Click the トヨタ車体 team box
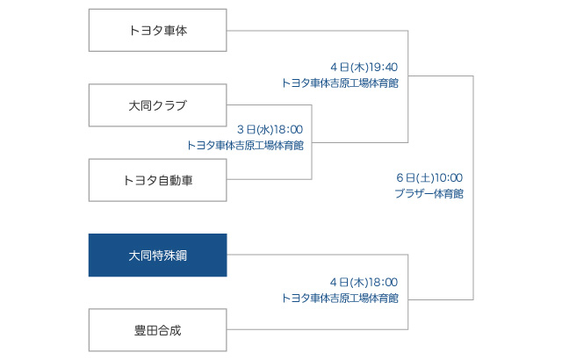pos(158,30)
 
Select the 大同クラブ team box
pos(158,105)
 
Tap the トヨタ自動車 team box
pos(158,180)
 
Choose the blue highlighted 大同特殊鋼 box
pos(158,255)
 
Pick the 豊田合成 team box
pos(158,330)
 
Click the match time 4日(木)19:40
pos(364,67)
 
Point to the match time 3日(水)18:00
pos(270,129)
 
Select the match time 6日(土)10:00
pos(429,177)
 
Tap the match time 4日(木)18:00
pos(364,282)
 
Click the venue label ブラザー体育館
pos(429,194)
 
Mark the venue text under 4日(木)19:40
pos(340,83)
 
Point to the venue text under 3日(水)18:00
pos(246,146)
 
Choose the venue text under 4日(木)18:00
pos(340,298)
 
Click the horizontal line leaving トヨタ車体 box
pos(317,31)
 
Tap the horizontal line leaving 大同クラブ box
pos(270,105)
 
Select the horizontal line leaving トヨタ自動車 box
pos(270,179)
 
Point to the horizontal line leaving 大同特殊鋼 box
pos(317,255)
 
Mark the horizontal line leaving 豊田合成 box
pos(317,329)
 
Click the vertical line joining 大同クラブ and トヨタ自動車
pos(312,142)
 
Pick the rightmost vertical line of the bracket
pos(473,188)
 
